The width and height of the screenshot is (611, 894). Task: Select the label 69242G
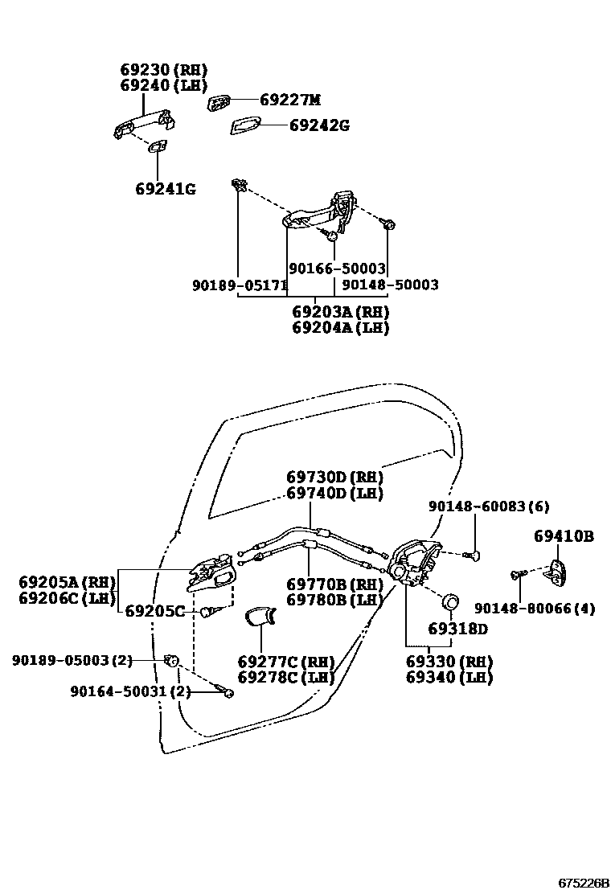[x=319, y=125]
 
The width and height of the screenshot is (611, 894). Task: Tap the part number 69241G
[x=166, y=189]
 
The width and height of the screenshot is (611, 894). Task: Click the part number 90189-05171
[x=240, y=285]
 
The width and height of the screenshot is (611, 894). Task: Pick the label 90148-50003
[x=390, y=285]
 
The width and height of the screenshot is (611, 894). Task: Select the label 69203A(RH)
[x=340, y=311]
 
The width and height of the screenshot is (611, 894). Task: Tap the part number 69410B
[x=564, y=536]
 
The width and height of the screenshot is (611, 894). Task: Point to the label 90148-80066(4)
[x=535, y=609]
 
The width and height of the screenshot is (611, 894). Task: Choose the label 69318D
[x=457, y=629]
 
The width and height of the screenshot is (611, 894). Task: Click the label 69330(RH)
[x=449, y=662]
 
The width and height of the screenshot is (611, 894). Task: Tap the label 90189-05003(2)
[x=72, y=660]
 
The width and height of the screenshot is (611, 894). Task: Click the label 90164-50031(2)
[x=130, y=691]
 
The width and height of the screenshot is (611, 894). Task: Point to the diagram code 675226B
[x=585, y=883]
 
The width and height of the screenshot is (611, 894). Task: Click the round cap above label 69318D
[x=452, y=601]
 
